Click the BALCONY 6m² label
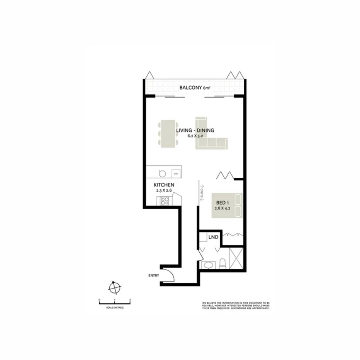coord(195,88)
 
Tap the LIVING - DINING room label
coord(195,131)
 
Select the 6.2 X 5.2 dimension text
coord(195,136)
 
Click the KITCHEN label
coord(164,185)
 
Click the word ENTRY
coord(153,275)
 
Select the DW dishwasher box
coord(176,173)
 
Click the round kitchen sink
coord(163,173)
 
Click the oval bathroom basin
coord(209,265)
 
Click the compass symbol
coord(114,287)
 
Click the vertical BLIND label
coord(202,193)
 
